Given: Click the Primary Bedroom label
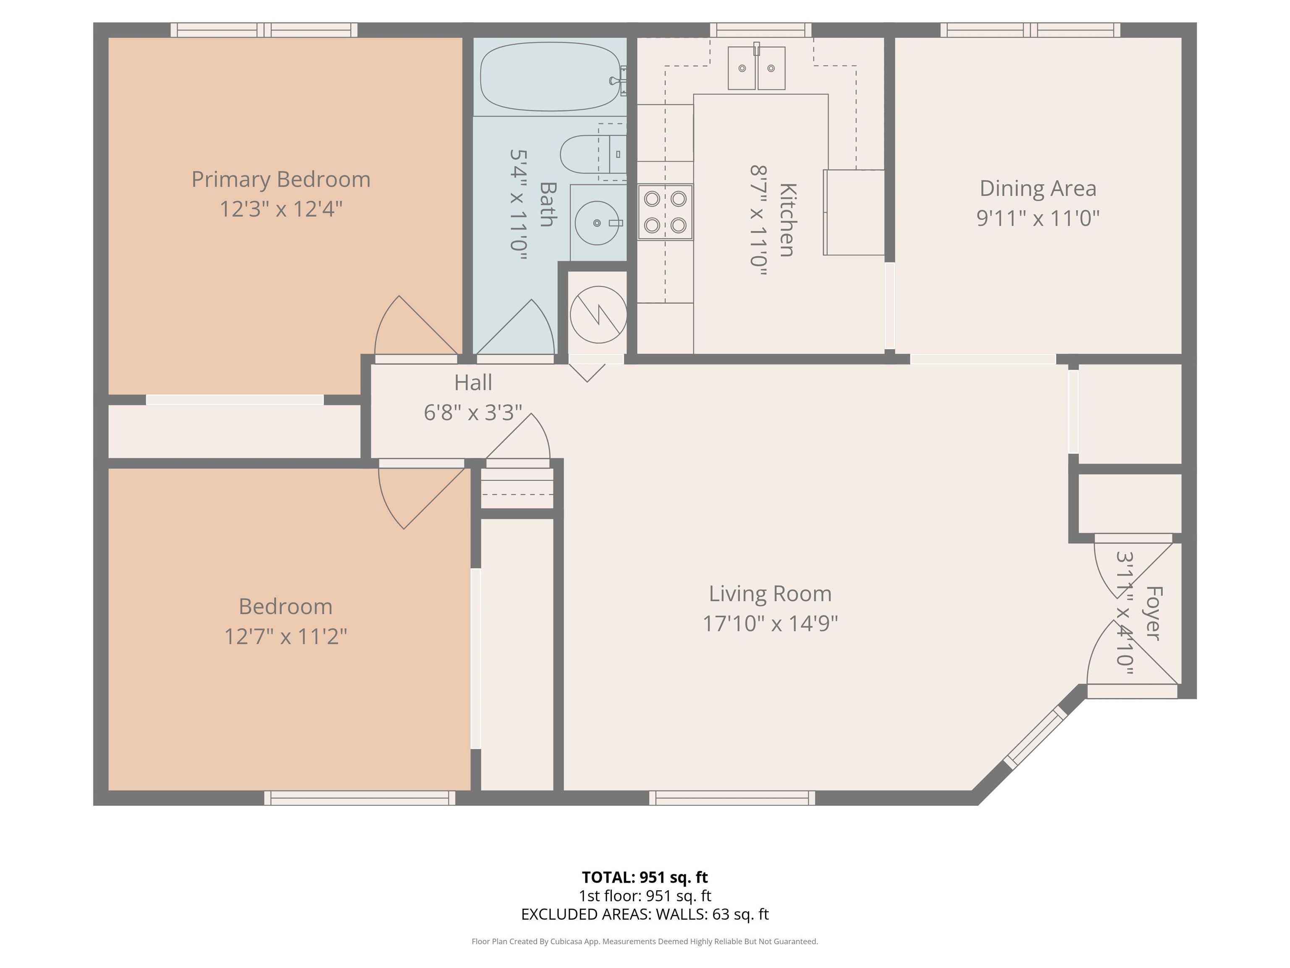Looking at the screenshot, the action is point(281,179).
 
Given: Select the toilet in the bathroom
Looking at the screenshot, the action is point(593,154).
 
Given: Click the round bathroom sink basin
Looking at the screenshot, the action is point(597,223).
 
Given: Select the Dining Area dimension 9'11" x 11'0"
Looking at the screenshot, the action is point(1038,218).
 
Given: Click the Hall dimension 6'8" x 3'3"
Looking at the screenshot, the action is point(473,413).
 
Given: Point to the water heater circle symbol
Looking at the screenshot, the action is point(598,315).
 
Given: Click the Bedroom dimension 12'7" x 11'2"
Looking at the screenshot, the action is point(286,636).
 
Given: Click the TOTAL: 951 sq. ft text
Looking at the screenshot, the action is point(645,877).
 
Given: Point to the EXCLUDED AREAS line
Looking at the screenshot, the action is point(645,914).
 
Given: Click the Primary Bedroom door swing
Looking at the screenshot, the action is point(415,325).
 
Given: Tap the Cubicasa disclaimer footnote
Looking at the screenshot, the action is point(645,941).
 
